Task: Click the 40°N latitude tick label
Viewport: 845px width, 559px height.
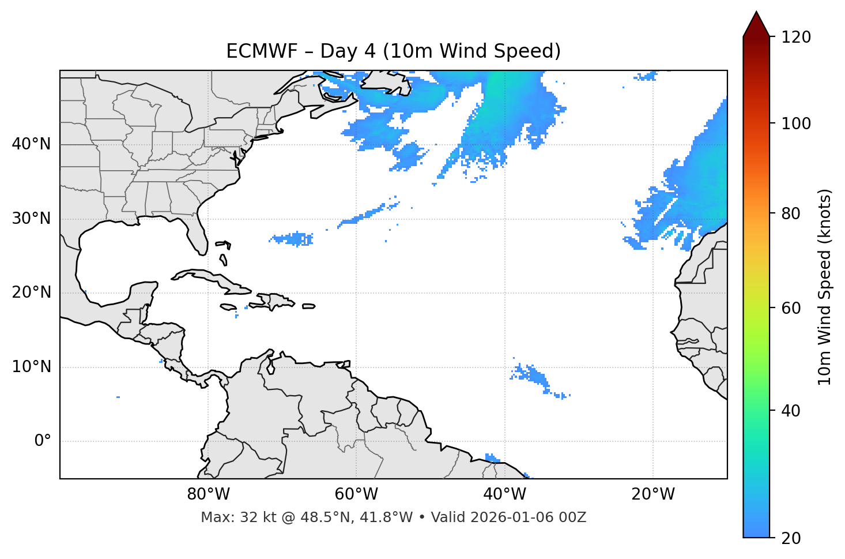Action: click(31, 144)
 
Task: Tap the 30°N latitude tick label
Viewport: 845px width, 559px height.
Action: click(31, 219)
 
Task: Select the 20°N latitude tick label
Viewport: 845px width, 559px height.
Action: click(31, 293)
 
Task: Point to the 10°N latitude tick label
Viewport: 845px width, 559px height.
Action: click(31, 367)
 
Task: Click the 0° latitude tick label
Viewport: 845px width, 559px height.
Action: click(43, 441)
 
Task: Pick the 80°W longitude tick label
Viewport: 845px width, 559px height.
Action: click(208, 494)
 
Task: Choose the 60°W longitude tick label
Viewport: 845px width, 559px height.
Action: click(356, 494)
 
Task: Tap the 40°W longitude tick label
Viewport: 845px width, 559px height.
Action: click(504, 494)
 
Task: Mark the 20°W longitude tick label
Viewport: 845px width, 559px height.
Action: click(653, 494)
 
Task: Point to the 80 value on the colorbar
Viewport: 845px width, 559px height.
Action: click(791, 213)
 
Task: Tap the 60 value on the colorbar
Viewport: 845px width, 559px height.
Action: click(791, 308)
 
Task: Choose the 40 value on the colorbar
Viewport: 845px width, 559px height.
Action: click(791, 411)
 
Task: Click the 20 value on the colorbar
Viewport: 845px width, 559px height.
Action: click(791, 538)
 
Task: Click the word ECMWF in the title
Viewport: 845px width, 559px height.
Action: click(254, 51)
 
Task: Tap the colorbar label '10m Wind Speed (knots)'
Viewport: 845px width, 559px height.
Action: click(825, 287)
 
